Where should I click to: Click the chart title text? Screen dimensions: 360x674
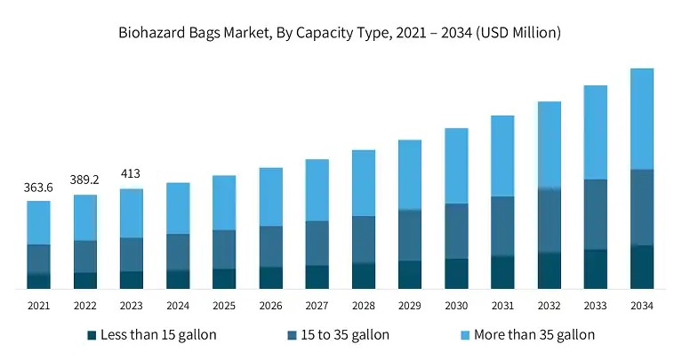(339, 33)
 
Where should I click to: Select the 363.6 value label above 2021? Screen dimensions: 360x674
(38, 187)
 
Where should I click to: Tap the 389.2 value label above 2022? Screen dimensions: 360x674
(84, 180)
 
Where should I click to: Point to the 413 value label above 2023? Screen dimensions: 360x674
(131, 173)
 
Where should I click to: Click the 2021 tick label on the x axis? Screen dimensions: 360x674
(38, 306)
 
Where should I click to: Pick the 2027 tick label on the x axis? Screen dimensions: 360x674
(317, 306)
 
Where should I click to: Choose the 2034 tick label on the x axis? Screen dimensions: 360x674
(641, 306)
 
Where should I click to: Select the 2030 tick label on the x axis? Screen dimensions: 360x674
(456, 306)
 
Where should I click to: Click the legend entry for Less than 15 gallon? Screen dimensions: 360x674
(151, 335)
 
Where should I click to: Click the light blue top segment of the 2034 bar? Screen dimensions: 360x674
(641, 118)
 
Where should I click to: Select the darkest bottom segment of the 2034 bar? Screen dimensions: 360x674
(641, 267)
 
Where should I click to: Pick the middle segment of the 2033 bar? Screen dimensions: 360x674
(595, 214)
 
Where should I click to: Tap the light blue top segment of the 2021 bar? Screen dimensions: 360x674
(38, 222)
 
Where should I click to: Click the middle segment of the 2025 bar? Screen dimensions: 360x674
(224, 249)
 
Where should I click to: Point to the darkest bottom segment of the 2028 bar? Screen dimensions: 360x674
(363, 276)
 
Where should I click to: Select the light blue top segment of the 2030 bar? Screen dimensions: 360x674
(456, 165)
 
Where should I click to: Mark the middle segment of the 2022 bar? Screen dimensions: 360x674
(84, 256)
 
